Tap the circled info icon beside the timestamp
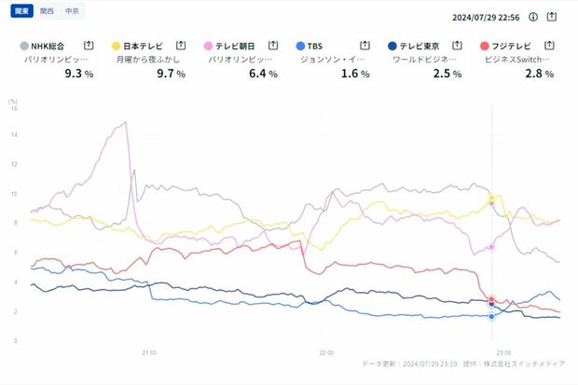[533, 17]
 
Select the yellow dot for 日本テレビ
[116, 45]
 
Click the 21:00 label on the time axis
[148, 353]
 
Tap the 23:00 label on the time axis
[502, 353]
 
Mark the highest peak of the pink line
[125, 122]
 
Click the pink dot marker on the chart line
[491, 247]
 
